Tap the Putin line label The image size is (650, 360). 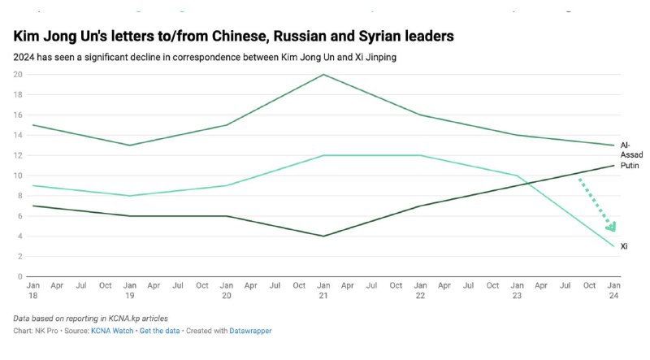630,163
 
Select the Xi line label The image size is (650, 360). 624,246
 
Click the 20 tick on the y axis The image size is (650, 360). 17,74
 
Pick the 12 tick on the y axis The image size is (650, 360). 17,155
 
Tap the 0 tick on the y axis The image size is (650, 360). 19,276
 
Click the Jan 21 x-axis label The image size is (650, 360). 323,291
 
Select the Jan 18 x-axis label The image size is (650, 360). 32,291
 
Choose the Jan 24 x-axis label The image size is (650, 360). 615,291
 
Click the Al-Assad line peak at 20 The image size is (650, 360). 323,75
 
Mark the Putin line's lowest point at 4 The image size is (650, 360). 323,236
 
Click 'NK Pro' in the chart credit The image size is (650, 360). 47,331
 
